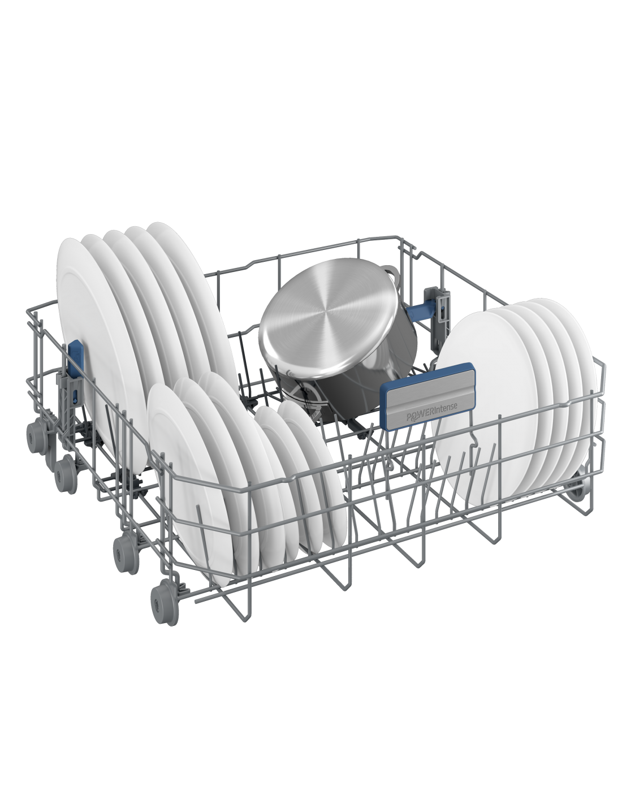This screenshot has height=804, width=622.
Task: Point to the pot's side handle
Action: [x=389, y=273]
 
